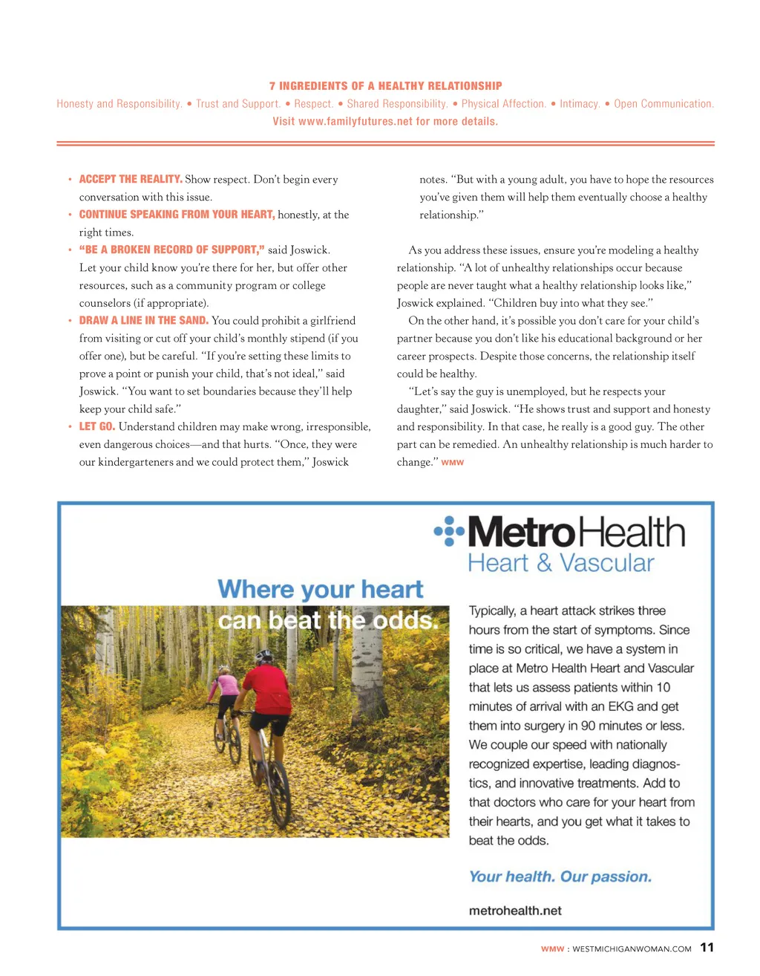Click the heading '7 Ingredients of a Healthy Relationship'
(x=385, y=86)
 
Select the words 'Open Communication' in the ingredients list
(x=663, y=104)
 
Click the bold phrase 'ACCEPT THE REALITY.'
(x=131, y=179)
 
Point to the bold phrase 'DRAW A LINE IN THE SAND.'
(x=143, y=320)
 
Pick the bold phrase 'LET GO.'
(x=97, y=426)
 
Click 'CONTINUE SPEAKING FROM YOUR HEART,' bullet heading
(x=177, y=215)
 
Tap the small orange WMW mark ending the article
(x=453, y=463)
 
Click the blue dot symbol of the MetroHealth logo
(x=449, y=531)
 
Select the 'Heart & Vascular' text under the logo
(x=561, y=563)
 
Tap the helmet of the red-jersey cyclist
(x=263, y=657)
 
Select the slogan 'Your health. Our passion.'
(x=560, y=876)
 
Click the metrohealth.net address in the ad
(x=515, y=911)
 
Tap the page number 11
(x=707, y=947)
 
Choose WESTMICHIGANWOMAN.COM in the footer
(x=632, y=949)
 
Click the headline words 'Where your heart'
(x=321, y=590)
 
